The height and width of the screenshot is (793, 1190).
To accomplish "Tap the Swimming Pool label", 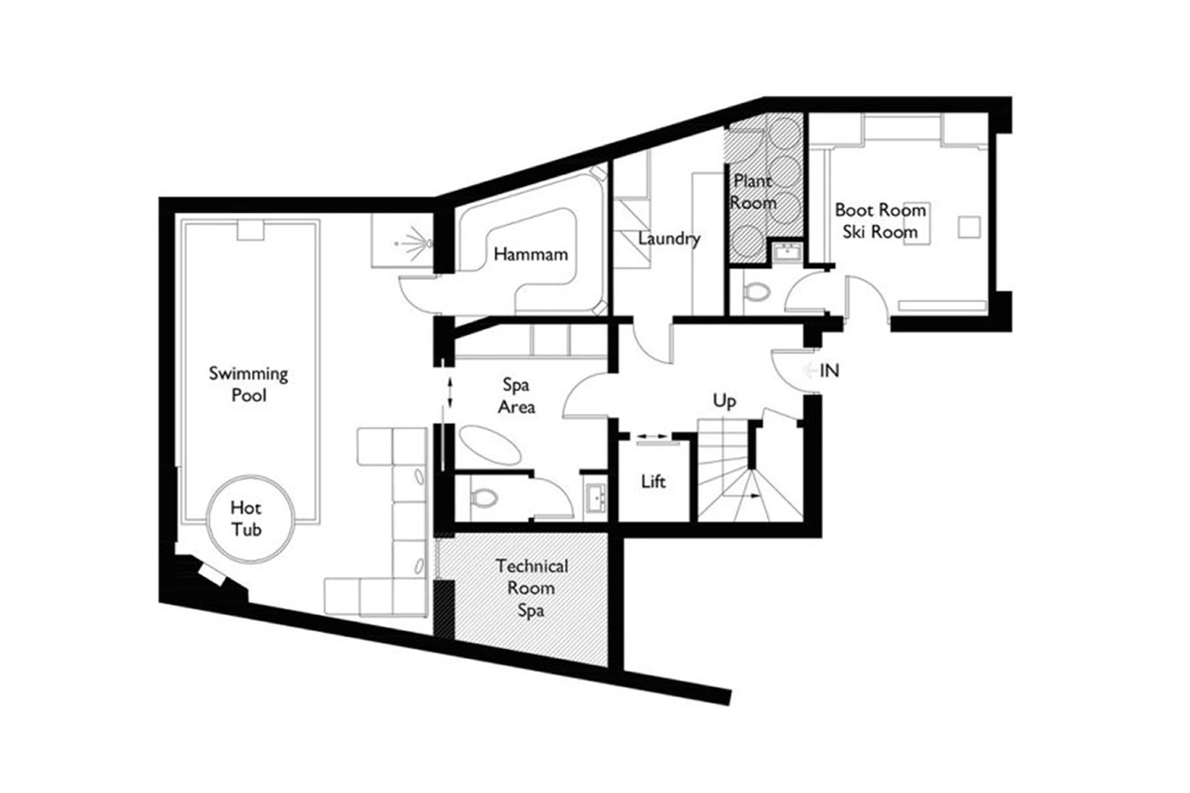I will coord(248,384).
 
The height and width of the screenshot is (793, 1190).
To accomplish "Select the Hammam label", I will coord(531,254).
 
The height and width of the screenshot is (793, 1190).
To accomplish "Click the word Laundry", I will coord(668,239).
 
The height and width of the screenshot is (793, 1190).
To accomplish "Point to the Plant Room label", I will coord(752,192).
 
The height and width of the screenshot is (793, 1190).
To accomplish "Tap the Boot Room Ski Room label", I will coord(880,221).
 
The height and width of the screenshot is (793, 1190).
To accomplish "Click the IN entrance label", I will coord(829,371).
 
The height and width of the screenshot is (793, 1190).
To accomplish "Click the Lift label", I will coord(653,482).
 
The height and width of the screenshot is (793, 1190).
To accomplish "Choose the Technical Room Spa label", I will coord(531,588).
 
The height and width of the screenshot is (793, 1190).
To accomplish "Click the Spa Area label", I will coord(516,396).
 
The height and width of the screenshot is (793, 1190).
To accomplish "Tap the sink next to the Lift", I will coord(596,498).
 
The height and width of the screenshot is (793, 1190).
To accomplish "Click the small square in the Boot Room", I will coord(968,227).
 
